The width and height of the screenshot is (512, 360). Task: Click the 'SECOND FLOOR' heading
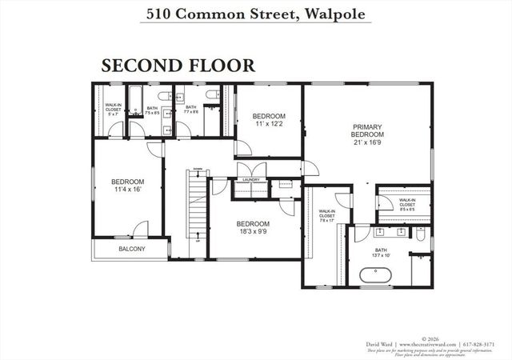178,65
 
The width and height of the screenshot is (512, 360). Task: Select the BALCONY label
132,249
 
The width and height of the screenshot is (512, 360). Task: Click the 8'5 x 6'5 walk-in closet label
407,206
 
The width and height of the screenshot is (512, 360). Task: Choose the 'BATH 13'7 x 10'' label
380,253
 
